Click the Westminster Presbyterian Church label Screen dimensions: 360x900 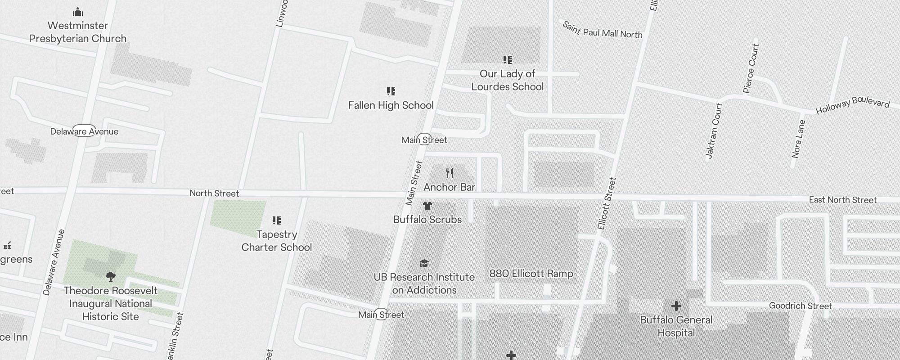pyautogui.click(x=78, y=32)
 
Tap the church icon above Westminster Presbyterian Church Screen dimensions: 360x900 pyautogui.click(x=78, y=12)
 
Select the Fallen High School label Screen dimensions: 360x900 pyautogui.click(x=391, y=105)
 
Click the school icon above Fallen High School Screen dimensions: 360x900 pyautogui.click(x=391, y=91)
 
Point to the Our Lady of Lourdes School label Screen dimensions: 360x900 pyautogui.click(x=507, y=80)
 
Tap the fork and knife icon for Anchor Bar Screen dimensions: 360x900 pyautogui.click(x=450, y=173)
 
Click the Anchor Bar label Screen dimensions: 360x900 pyautogui.click(x=449, y=187)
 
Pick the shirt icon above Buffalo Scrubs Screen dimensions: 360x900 pyautogui.click(x=427, y=206)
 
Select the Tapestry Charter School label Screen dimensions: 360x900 pyautogui.click(x=276, y=241)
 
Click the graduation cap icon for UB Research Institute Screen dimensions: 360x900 pyautogui.click(x=424, y=263)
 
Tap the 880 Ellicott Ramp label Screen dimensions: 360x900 pyautogui.click(x=531, y=274)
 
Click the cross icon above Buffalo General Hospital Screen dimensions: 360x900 pyautogui.click(x=676, y=306)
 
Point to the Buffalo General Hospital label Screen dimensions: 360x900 pyautogui.click(x=676, y=326)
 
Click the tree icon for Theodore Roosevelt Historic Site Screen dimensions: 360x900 pyautogui.click(x=110, y=276)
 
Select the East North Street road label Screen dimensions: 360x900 pyautogui.click(x=842, y=200)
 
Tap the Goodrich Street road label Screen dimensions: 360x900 pyautogui.click(x=800, y=306)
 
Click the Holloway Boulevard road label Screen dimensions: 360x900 pyautogui.click(x=852, y=105)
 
